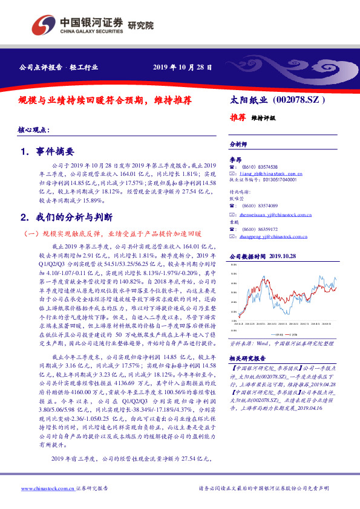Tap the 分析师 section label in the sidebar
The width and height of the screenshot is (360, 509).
(239, 144)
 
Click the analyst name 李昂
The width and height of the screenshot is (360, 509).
(236, 159)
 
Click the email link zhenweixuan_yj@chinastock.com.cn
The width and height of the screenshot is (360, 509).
(275, 214)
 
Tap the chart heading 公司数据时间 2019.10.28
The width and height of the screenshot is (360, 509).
(263, 257)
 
